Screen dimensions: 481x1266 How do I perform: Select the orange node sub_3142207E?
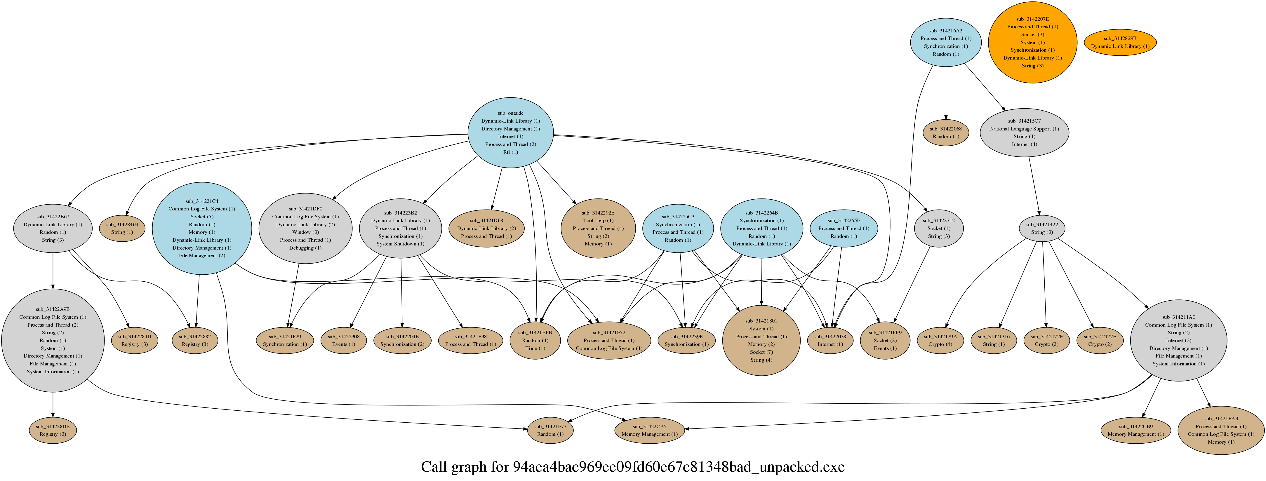point(1032,42)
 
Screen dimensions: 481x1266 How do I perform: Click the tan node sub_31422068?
point(946,133)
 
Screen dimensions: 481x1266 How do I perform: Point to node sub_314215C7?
point(1024,133)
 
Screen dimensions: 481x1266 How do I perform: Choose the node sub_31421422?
point(1042,229)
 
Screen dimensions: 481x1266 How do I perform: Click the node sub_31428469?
point(122,229)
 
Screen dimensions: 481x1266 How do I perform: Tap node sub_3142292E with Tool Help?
point(598,229)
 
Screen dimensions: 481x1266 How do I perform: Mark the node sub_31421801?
point(761,340)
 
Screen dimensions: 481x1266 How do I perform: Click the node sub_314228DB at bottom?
point(53,431)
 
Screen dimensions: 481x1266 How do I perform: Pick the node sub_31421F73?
point(550,431)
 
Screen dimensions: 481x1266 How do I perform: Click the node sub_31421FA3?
point(1221,431)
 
